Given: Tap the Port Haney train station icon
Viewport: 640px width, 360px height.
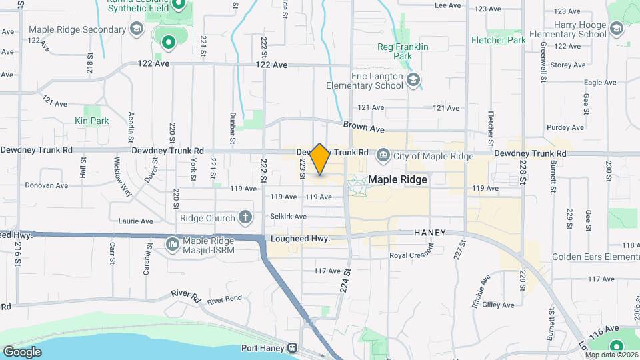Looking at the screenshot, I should click(x=292, y=348).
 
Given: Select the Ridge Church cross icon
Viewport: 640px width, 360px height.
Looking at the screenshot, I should click(x=246, y=217).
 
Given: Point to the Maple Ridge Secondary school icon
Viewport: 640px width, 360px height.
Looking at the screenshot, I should click(x=137, y=29).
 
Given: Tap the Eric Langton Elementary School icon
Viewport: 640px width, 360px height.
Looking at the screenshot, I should click(x=413, y=81).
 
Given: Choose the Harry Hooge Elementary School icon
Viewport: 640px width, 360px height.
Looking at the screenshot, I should click(x=617, y=28).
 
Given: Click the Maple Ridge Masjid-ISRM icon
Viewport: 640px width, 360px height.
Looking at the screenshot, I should click(x=172, y=244).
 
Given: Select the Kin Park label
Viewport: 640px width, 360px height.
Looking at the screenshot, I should click(x=92, y=121).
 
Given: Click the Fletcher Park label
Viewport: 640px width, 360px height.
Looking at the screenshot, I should click(x=499, y=40).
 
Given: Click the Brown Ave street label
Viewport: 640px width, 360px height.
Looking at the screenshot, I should click(x=364, y=125).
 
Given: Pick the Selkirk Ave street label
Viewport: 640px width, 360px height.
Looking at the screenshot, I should click(x=289, y=217).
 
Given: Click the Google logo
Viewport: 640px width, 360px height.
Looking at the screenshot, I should click(x=22, y=351).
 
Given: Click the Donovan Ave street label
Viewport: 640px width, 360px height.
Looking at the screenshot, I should click(x=47, y=185).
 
